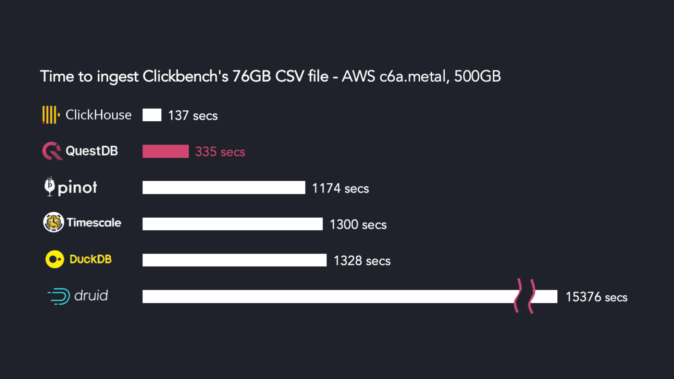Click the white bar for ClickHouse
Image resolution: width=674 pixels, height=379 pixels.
(152, 115)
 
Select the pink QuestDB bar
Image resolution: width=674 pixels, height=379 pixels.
(166, 151)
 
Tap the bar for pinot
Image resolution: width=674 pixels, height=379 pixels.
(224, 188)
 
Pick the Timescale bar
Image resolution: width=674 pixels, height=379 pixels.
(233, 224)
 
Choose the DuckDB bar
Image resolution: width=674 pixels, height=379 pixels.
(234, 260)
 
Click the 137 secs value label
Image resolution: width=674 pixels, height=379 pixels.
(193, 115)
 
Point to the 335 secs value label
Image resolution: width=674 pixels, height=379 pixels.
(220, 152)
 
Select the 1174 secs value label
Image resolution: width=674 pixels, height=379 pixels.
(340, 188)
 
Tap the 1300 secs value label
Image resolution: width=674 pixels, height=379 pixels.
(358, 224)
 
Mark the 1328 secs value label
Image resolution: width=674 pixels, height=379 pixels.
(362, 261)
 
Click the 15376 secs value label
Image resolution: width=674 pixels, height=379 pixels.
(596, 297)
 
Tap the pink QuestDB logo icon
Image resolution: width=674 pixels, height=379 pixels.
(52, 151)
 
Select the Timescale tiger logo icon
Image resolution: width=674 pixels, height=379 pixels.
(53, 222)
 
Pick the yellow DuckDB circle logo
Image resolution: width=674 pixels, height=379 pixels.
(55, 259)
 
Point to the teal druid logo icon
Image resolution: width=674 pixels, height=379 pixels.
(59, 296)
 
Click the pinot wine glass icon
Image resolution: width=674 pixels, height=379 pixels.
(50, 186)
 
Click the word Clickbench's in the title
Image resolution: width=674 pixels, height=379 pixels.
(185, 77)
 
